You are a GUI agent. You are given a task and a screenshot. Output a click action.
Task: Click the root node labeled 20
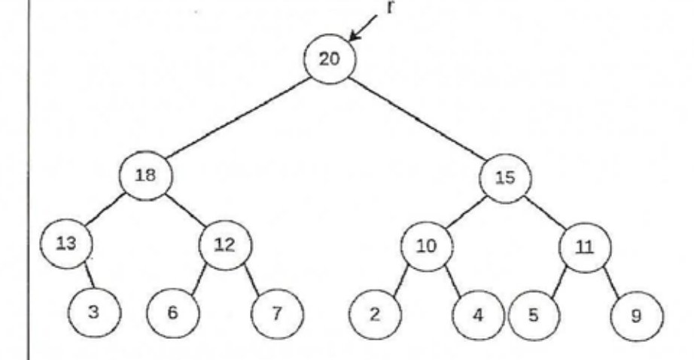click(x=330, y=59)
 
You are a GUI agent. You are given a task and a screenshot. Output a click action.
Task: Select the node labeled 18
click(x=145, y=175)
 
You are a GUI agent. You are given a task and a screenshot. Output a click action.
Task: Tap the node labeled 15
click(x=505, y=178)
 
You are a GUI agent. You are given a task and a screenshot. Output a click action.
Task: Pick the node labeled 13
click(x=66, y=243)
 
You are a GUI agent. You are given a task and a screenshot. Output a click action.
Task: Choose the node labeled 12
click(x=225, y=245)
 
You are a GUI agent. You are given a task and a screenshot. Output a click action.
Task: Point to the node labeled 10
click(x=427, y=246)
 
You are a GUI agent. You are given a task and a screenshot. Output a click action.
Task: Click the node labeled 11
click(x=585, y=248)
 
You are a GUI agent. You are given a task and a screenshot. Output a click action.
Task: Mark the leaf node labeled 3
click(x=94, y=313)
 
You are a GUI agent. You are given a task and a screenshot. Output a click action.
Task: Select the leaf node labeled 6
click(x=173, y=313)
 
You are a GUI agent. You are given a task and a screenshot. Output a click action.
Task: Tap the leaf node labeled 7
click(x=278, y=314)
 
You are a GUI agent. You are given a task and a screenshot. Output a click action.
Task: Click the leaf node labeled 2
click(x=376, y=315)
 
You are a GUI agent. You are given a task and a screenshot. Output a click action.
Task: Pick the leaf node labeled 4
click(x=478, y=316)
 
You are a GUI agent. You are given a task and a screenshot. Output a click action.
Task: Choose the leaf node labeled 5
click(x=534, y=316)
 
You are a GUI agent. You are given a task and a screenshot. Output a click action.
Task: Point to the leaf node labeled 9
click(x=637, y=316)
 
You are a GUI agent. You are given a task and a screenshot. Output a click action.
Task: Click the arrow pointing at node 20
click(x=364, y=28)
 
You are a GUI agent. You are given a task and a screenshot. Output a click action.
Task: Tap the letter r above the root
click(x=389, y=7)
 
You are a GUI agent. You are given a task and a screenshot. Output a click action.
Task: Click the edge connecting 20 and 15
click(x=417, y=119)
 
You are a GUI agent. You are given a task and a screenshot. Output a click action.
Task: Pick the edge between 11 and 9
click(x=612, y=280)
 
